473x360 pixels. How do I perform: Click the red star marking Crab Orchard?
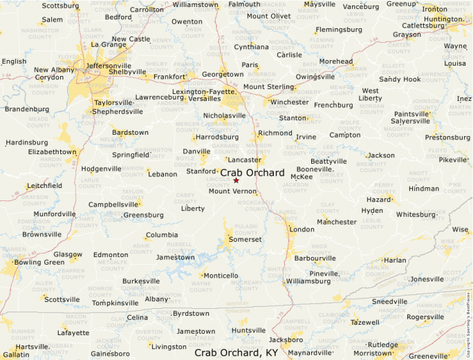click(236, 180)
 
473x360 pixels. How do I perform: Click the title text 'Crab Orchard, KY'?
click(236, 352)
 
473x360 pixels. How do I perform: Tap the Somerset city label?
click(245, 239)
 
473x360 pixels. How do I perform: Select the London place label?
click(302, 229)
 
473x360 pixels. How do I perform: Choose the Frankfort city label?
click(170, 77)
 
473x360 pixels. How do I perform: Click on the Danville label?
click(196, 151)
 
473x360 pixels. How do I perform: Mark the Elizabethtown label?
click(53, 151)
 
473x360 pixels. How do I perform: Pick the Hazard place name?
click(378, 199)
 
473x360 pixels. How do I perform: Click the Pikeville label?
click(453, 160)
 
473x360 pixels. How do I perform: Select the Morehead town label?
click(335, 61)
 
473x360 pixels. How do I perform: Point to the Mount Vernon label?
click(233, 191)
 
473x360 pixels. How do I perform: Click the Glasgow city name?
click(68, 254)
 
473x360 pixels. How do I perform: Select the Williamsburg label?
click(308, 281)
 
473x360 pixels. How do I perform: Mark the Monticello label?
click(221, 276)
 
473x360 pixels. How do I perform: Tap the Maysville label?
click(319, 4)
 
